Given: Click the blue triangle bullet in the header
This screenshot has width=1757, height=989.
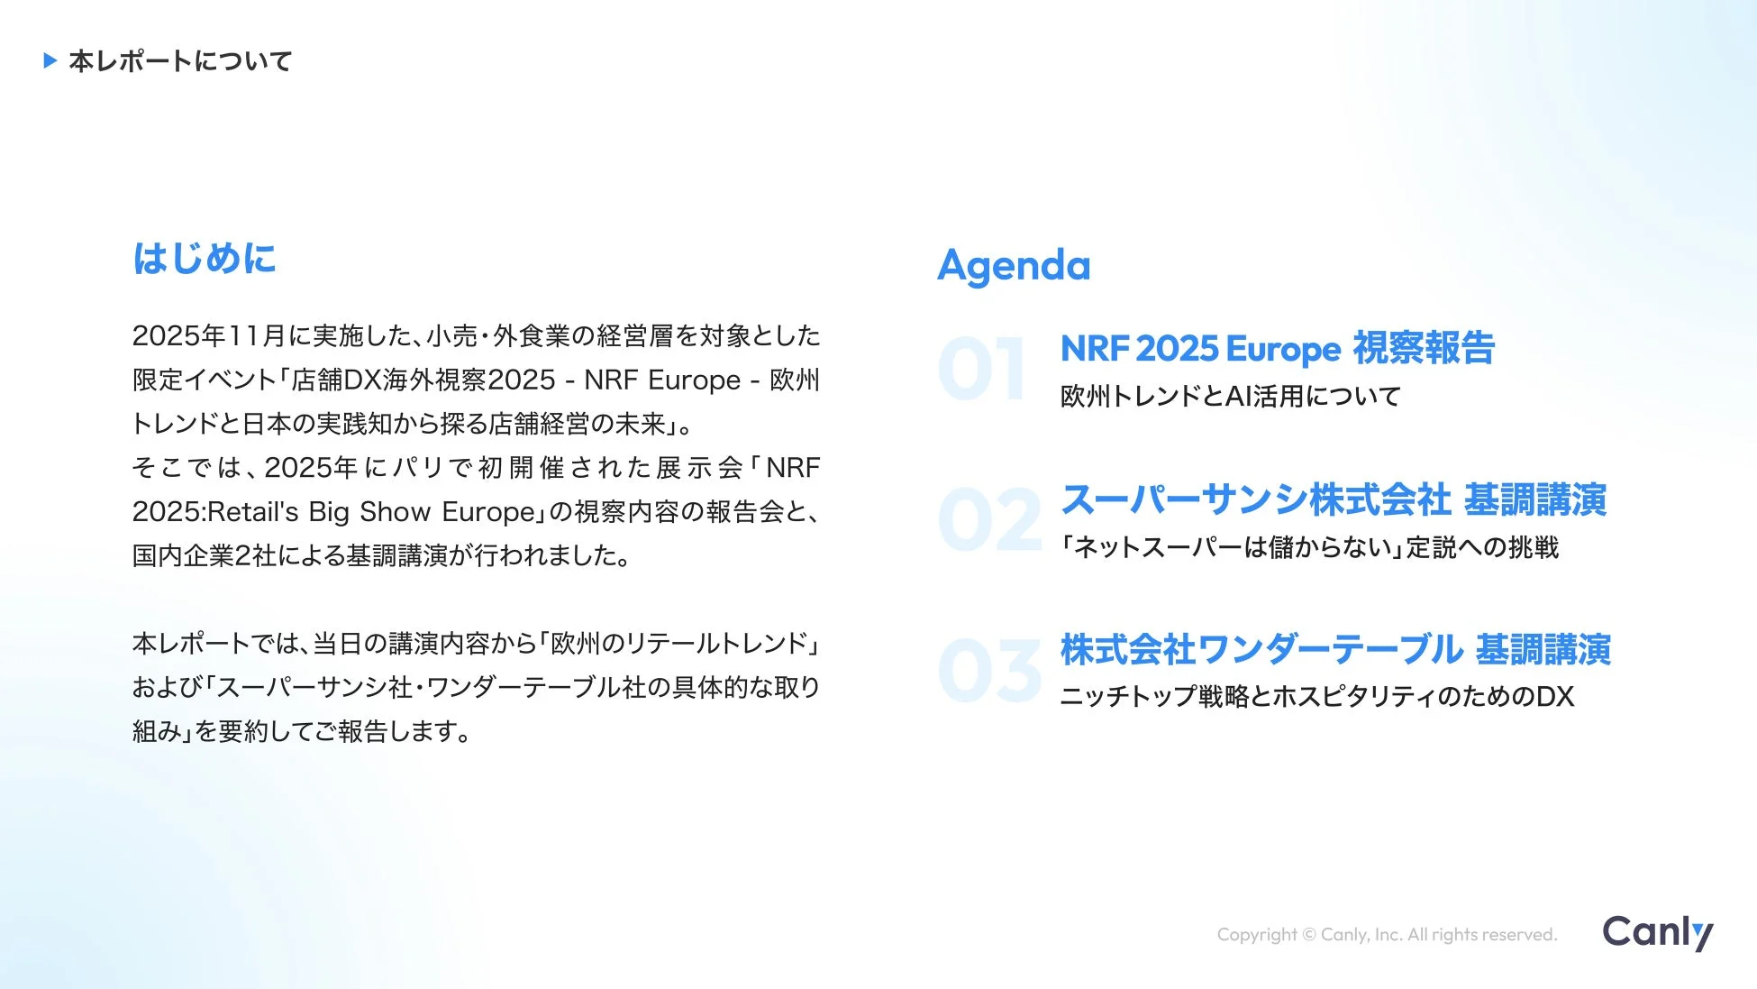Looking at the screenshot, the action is (50, 60).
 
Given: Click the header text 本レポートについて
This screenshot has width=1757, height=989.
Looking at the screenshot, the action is (181, 61).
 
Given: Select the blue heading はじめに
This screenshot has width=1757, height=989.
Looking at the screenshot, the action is (205, 258).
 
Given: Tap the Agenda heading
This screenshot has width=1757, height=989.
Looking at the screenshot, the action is (1014, 266).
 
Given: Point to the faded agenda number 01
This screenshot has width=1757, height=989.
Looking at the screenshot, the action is (981, 369).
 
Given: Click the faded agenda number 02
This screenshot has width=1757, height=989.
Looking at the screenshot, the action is (989, 519).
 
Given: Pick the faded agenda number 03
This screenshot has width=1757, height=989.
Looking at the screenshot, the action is (989, 670).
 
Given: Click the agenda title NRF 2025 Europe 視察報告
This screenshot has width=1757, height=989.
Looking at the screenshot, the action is (1278, 348).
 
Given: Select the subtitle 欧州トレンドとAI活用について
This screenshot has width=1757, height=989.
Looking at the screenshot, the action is (1231, 397).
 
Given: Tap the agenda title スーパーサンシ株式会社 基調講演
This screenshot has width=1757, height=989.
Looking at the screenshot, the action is (1334, 499).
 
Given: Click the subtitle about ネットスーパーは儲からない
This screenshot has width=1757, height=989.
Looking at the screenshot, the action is (1310, 547).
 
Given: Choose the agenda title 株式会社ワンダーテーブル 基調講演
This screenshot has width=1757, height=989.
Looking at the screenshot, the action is (1335, 649).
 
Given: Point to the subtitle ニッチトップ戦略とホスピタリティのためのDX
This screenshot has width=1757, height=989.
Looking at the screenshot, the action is (1317, 697).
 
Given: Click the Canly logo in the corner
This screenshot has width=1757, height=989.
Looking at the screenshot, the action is (1658, 933).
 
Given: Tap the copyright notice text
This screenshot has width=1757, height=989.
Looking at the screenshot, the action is (1387, 935).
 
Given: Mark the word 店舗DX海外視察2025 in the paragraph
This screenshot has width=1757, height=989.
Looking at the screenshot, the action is (423, 380).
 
